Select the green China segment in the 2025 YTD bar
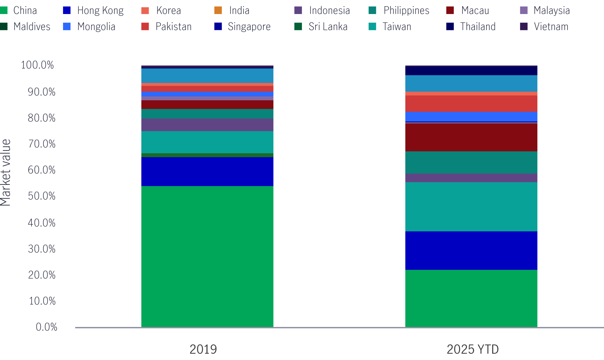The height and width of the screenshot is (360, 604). point(471,298)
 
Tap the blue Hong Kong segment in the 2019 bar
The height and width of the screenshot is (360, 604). point(207,171)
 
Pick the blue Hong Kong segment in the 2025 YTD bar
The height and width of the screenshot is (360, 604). point(471,250)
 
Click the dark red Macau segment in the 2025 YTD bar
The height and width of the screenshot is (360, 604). point(471,137)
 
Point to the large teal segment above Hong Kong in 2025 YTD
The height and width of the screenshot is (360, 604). point(471,207)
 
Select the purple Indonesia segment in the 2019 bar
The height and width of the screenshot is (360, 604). point(207,125)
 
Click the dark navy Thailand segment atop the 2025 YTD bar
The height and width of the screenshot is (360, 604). point(471,71)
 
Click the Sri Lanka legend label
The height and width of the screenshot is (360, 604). point(328,27)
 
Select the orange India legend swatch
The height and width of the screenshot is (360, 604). point(218,10)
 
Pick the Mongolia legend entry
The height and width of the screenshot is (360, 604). point(96,27)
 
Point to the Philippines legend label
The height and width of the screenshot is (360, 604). point(406,11)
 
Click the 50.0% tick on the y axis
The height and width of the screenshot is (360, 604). point(41,196)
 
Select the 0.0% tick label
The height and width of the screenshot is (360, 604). point(46,327)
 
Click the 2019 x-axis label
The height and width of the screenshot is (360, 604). point(203,349)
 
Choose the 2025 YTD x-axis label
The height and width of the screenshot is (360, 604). point(472,349)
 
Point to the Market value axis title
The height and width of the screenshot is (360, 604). point(6,172)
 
